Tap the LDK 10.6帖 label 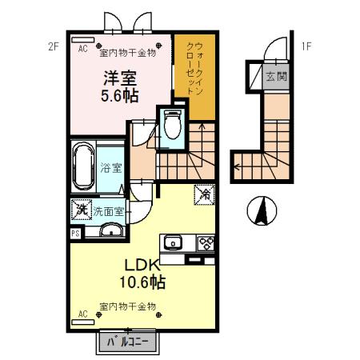pos(143,273)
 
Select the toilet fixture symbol pos(172,124)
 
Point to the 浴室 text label pos(110,169)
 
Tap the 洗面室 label pos(108,212)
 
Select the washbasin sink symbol pos(111,233)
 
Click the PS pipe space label pos(75,234)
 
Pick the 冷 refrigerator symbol pos(203,194)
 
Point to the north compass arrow pos(262,211)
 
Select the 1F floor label pos(306,46)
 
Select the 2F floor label pos(54,46)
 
